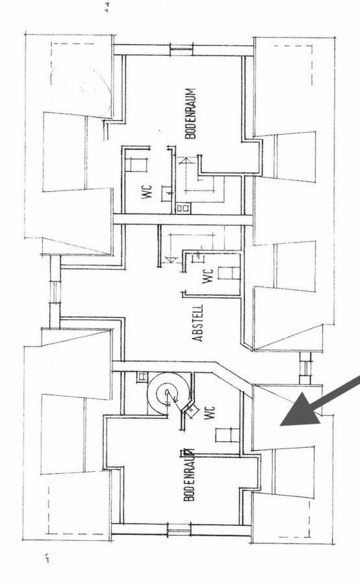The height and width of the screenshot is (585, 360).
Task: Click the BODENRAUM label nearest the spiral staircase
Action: pyautogui.click(x=190, y=474)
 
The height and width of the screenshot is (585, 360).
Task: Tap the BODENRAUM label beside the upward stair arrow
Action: pyautogui.click(x=190, y=113)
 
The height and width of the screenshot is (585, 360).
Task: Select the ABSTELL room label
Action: pyautogui.click(x=198, y=323)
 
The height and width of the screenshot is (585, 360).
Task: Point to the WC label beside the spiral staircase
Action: pyautogui.click(x=210, y=413)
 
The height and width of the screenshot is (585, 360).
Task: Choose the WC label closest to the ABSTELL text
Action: pyautogui.click(x=208, y=276)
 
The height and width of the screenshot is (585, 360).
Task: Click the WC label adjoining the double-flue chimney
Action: pyautogui.click(x=147, y=192)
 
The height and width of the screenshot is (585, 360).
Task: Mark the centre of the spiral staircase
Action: pyautogui.click(x=166, y=393)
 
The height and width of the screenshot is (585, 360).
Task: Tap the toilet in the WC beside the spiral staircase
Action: pyautogui.click(x=227, y=435)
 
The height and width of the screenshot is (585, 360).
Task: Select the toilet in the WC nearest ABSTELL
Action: pyautogui.click(x=228, y=273)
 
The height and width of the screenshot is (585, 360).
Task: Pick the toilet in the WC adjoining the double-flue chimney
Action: pyautogui.click(x=136, y=165)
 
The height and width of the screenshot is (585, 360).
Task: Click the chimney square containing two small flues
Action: pyautogui.click(x=183, y=208)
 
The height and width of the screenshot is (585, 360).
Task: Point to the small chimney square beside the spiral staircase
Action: pyautogui.click(x=142, y=377)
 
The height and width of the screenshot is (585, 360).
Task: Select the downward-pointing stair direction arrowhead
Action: pyautogui.click(x=170, y=259)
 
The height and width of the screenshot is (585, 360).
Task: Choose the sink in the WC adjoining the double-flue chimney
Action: pyautogui.click(x=167, y=193)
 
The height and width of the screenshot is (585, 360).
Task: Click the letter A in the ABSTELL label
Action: pyautogui.click(x=198, y=337)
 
